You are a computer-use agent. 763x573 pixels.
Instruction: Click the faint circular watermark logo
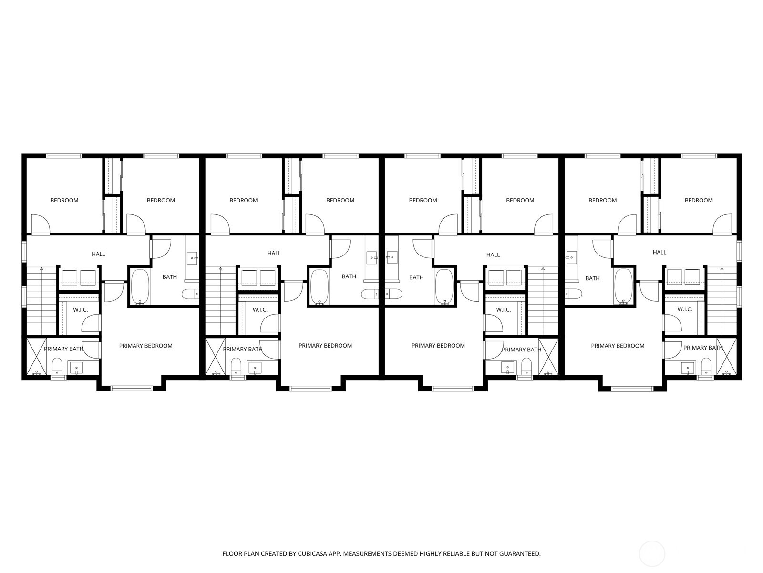click(x=651, y=554)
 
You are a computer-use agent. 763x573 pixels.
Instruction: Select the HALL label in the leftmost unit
click(x=98, y=254)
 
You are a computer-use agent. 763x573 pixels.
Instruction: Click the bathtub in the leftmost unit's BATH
click(x=140, y=287)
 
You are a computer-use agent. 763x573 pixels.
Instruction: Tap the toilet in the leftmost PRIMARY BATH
click(x=57, y=366)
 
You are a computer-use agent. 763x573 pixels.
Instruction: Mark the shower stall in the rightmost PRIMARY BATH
click(x=727, y=356)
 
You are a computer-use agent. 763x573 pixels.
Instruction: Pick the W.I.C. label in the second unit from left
click(x=260, y=310)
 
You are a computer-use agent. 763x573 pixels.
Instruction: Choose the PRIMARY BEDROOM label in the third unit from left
click(x=438, y=346)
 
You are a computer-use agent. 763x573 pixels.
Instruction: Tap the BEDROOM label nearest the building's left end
click(x=64, y=201)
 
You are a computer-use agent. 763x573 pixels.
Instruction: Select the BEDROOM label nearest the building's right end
click(x=699, y=201)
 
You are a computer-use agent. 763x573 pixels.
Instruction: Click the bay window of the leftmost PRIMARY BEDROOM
click(x=132, y=388)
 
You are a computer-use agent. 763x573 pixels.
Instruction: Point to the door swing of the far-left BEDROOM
click(x=40, y=224)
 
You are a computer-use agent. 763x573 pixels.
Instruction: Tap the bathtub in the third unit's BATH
click(x=444, y=287)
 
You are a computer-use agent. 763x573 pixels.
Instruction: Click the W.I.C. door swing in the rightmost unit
click(x=672, y=324)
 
